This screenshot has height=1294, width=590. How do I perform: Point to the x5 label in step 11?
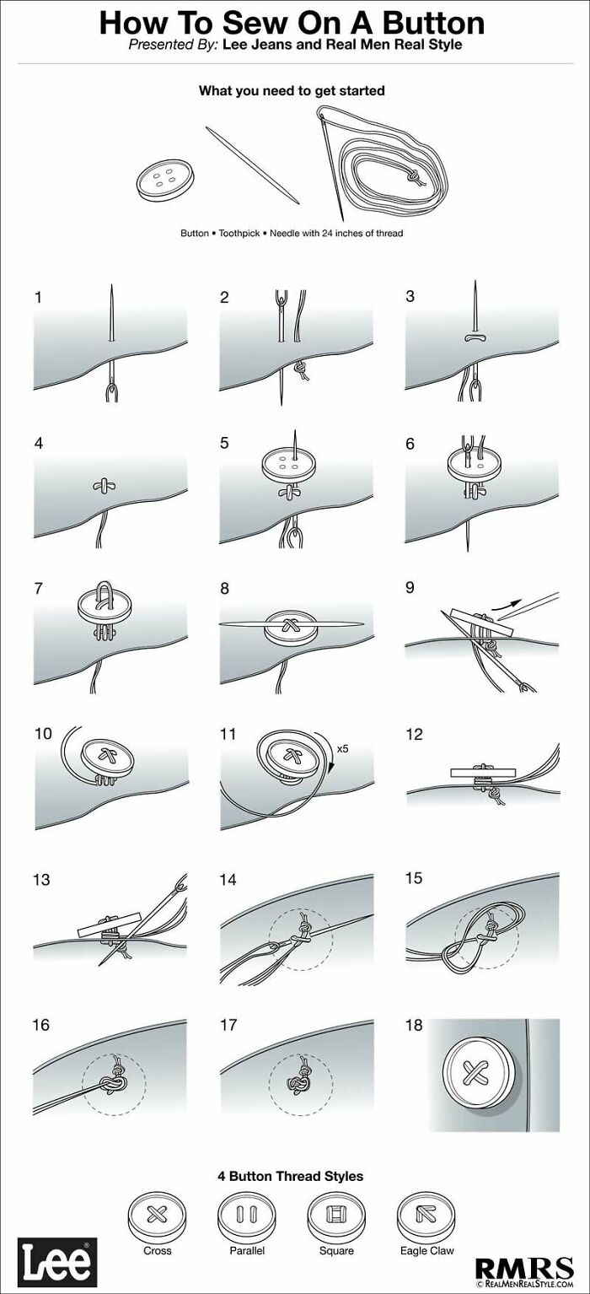pyautogui.click(x=342, y=748)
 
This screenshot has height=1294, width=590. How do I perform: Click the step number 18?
pyautogui.click(x=414, y=1025)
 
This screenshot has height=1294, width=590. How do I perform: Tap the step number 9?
pyautogui.click(x=410, y=588)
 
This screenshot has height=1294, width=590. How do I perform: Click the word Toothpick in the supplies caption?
pyautogui.click(x=241, y=233)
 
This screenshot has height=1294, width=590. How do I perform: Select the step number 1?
pyautogui.click(x=38, y=297)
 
